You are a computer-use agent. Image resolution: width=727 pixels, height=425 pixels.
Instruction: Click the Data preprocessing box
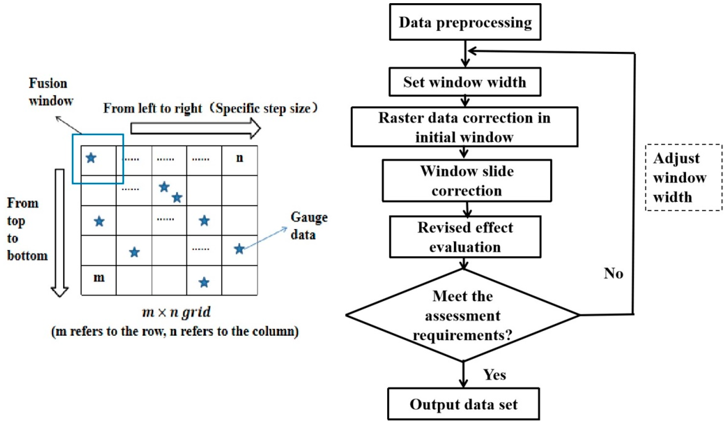465,22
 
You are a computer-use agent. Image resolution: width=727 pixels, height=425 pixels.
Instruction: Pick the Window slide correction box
467,181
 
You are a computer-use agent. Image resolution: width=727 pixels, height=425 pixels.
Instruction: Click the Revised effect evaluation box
465,237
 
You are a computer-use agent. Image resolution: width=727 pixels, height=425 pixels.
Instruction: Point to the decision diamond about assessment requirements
463,315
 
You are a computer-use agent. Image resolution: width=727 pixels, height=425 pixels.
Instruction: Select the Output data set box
463,404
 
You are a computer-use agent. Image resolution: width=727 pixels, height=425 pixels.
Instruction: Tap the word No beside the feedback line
613,273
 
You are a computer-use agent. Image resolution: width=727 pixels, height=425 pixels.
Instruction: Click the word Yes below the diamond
494,375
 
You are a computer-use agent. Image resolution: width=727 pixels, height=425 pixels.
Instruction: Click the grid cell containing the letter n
239,160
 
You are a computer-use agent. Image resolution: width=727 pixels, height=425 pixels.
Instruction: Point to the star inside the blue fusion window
91,158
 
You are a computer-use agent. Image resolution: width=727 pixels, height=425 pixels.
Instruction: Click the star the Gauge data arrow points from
239,249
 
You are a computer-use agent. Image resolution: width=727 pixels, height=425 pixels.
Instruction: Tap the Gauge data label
309,226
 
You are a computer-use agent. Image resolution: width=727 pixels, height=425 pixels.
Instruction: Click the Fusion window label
51,92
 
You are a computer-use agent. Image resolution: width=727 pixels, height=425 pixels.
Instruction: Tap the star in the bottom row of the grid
204,282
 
